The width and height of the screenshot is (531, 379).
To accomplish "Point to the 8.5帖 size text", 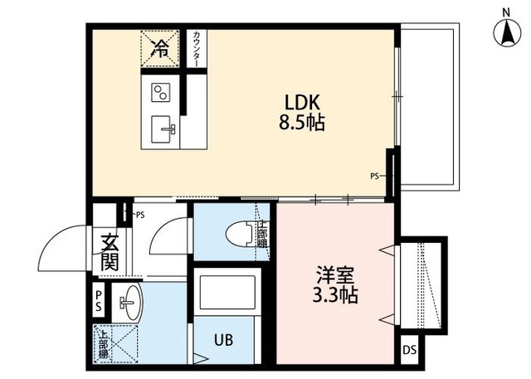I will coord(302,124).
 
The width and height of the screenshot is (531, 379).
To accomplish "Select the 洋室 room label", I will coord(336,274).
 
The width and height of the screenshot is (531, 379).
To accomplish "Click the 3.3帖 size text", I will coord(336,294).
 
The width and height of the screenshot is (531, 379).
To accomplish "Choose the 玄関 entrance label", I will coord(109,253).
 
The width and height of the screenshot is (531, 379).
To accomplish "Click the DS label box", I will coord(409,350).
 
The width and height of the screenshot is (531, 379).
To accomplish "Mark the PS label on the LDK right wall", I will coord(374,175).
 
